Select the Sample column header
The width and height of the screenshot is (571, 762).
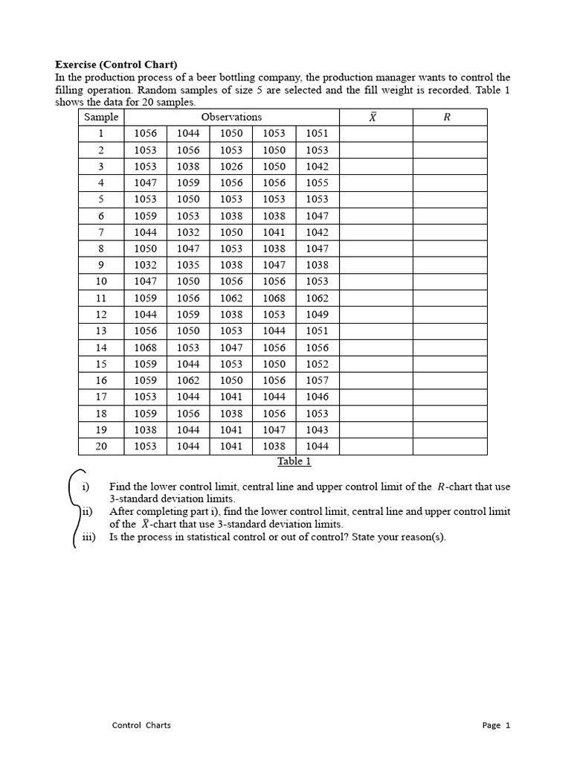(x=101, y=117)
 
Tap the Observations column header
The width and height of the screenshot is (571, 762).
(x=231, y=117)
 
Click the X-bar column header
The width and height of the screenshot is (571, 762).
(x=372, y=118)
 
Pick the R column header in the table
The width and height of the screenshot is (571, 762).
(x=447, y=117)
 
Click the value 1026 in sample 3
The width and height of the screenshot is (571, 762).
(x=231, y=167)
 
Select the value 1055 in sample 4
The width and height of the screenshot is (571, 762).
(x=317, y=183)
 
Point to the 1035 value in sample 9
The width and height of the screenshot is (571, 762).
(x=188, y=265)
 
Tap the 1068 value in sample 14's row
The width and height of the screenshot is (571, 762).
(x=145, y=348)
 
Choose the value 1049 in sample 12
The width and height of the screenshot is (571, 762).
(x=317, y=315)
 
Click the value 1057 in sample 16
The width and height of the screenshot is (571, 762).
(x=317, y=380)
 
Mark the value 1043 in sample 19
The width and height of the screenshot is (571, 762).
(x=317, y=430)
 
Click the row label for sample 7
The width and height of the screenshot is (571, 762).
(x=101, y=232)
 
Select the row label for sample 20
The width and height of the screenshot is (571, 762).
(x=101, y=446)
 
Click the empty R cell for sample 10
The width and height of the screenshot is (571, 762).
(x=450, y=281)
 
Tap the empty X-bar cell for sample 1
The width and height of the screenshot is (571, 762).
(x=375, y=134)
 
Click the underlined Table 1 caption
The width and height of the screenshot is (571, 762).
(x=294, y=461)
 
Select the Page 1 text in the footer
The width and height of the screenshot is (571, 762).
(x=496, y=726)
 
